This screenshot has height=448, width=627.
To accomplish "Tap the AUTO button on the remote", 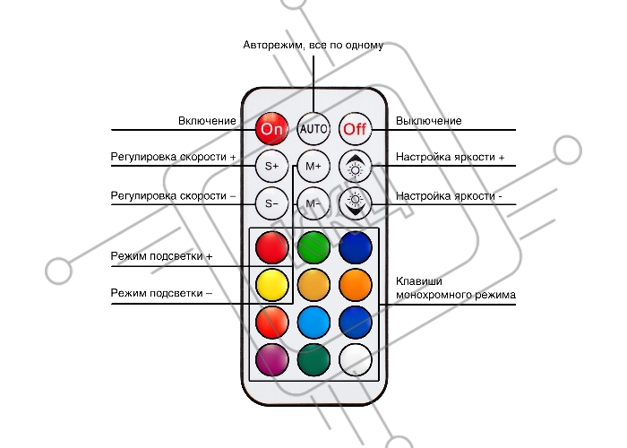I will (313, 128).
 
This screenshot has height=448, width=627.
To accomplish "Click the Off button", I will (356, 128).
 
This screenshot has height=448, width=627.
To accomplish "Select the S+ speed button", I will (271, 166).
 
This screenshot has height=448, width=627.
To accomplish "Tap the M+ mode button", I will (313, 166).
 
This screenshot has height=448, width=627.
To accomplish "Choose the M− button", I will (313, 203).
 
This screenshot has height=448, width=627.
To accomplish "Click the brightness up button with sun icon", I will (356, 166).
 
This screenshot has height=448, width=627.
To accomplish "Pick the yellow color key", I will (271, 284).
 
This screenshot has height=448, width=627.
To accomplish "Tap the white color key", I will (356, 359).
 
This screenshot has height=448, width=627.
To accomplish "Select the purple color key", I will (271, 359).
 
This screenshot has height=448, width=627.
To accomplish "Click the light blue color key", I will (313, 322).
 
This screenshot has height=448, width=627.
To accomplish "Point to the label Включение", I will (207, 120).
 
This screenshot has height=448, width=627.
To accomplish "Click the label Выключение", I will (429, 120).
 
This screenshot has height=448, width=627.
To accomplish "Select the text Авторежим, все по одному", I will (313, 45).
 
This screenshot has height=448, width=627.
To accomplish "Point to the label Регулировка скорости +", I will (173, 158).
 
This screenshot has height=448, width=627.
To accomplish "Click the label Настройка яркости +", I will (450, 158).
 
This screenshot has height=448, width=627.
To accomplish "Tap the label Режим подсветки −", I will (162, 293).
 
